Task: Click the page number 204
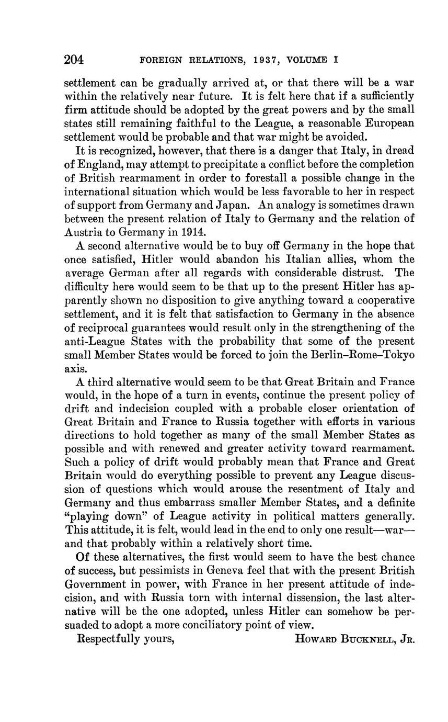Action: coord(74,60)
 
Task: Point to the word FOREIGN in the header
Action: coord(160,60)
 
